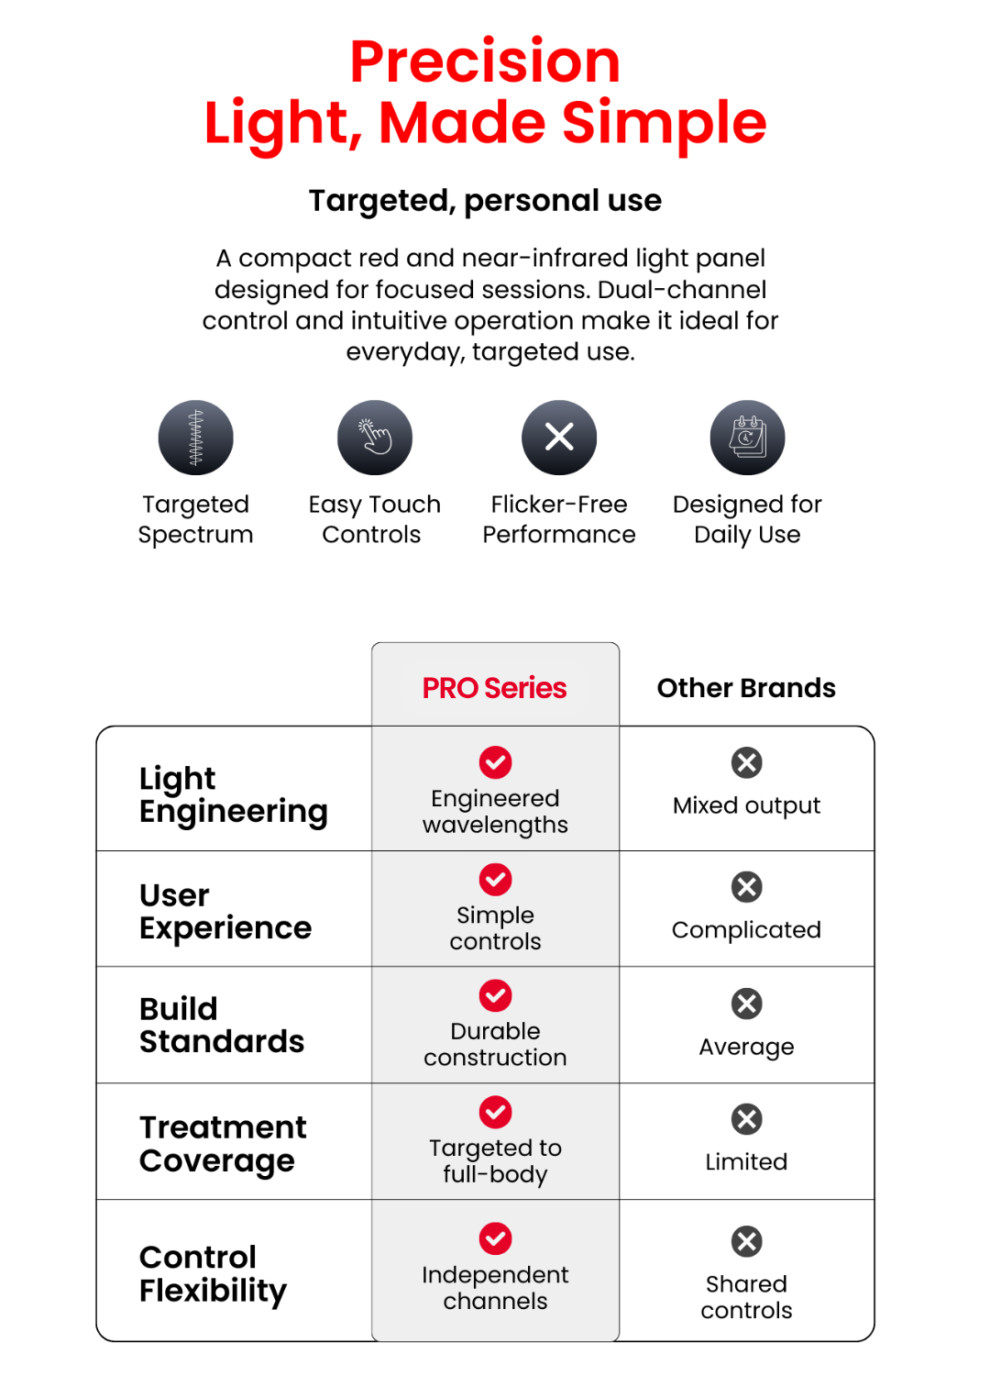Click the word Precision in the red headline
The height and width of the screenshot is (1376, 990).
485,62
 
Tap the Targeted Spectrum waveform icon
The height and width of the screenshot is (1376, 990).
196,438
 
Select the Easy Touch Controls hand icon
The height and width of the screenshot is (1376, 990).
375,438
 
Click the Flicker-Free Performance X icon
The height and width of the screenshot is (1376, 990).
559,438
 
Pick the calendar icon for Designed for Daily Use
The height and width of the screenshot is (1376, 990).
747,438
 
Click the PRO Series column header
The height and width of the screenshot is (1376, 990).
495,688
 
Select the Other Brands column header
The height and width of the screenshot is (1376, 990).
746,688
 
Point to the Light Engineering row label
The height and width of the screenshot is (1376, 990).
233,794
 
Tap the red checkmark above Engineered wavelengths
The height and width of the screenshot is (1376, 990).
495,761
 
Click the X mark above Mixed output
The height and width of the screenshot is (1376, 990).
747,762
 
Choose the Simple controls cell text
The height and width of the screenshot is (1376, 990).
495,928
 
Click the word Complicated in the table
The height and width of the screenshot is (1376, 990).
746,930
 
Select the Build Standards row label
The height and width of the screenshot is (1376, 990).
222,1025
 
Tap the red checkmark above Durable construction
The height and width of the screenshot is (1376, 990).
495,995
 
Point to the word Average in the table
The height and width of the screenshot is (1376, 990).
746,1047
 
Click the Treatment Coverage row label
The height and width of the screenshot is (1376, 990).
223,1143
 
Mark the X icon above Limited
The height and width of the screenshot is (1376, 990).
747,1119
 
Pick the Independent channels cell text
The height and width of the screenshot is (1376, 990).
495,1288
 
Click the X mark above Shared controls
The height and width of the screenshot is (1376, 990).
747,1241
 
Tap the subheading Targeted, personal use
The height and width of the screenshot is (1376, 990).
485,201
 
